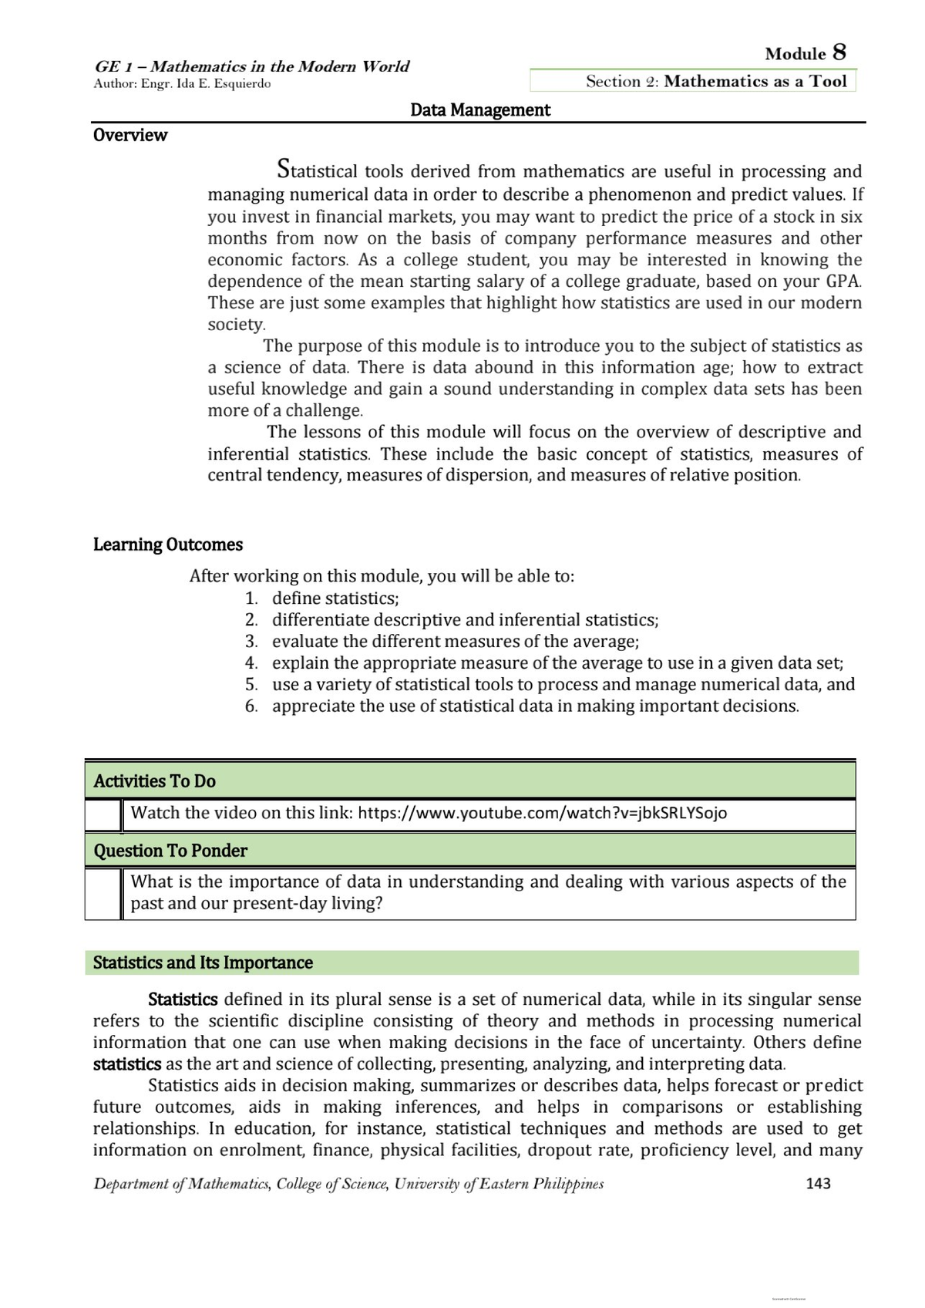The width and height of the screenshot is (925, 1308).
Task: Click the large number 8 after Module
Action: [x=839, y=52]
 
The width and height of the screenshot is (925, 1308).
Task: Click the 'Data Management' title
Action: [x=479, y=110]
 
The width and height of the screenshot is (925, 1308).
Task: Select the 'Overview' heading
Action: [x=129, y=135]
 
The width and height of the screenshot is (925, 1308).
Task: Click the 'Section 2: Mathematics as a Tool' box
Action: [x=692, y=81]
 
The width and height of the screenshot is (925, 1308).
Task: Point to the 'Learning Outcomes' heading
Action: [x=167, y=544]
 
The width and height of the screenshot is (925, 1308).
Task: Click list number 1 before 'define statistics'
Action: [x=251, y=598]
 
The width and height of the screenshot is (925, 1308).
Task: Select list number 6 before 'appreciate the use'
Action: [x=251, y=706]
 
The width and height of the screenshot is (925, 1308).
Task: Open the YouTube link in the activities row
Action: [x=542, y=813]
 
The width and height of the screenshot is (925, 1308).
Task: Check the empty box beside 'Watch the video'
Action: [x=103, y=815]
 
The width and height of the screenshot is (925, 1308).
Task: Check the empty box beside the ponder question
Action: [x=103, y=893]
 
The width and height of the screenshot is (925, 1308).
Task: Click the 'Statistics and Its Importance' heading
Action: [x=203, y=962]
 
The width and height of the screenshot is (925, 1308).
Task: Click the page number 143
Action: [x=818, y=1183]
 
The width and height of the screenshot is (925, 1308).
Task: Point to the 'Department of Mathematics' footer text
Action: [x=348, y=1183]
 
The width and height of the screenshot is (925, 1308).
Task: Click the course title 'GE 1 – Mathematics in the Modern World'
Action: [x=251, y=66]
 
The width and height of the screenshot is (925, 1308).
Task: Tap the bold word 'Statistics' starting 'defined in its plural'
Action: [x=183, y=1000]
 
